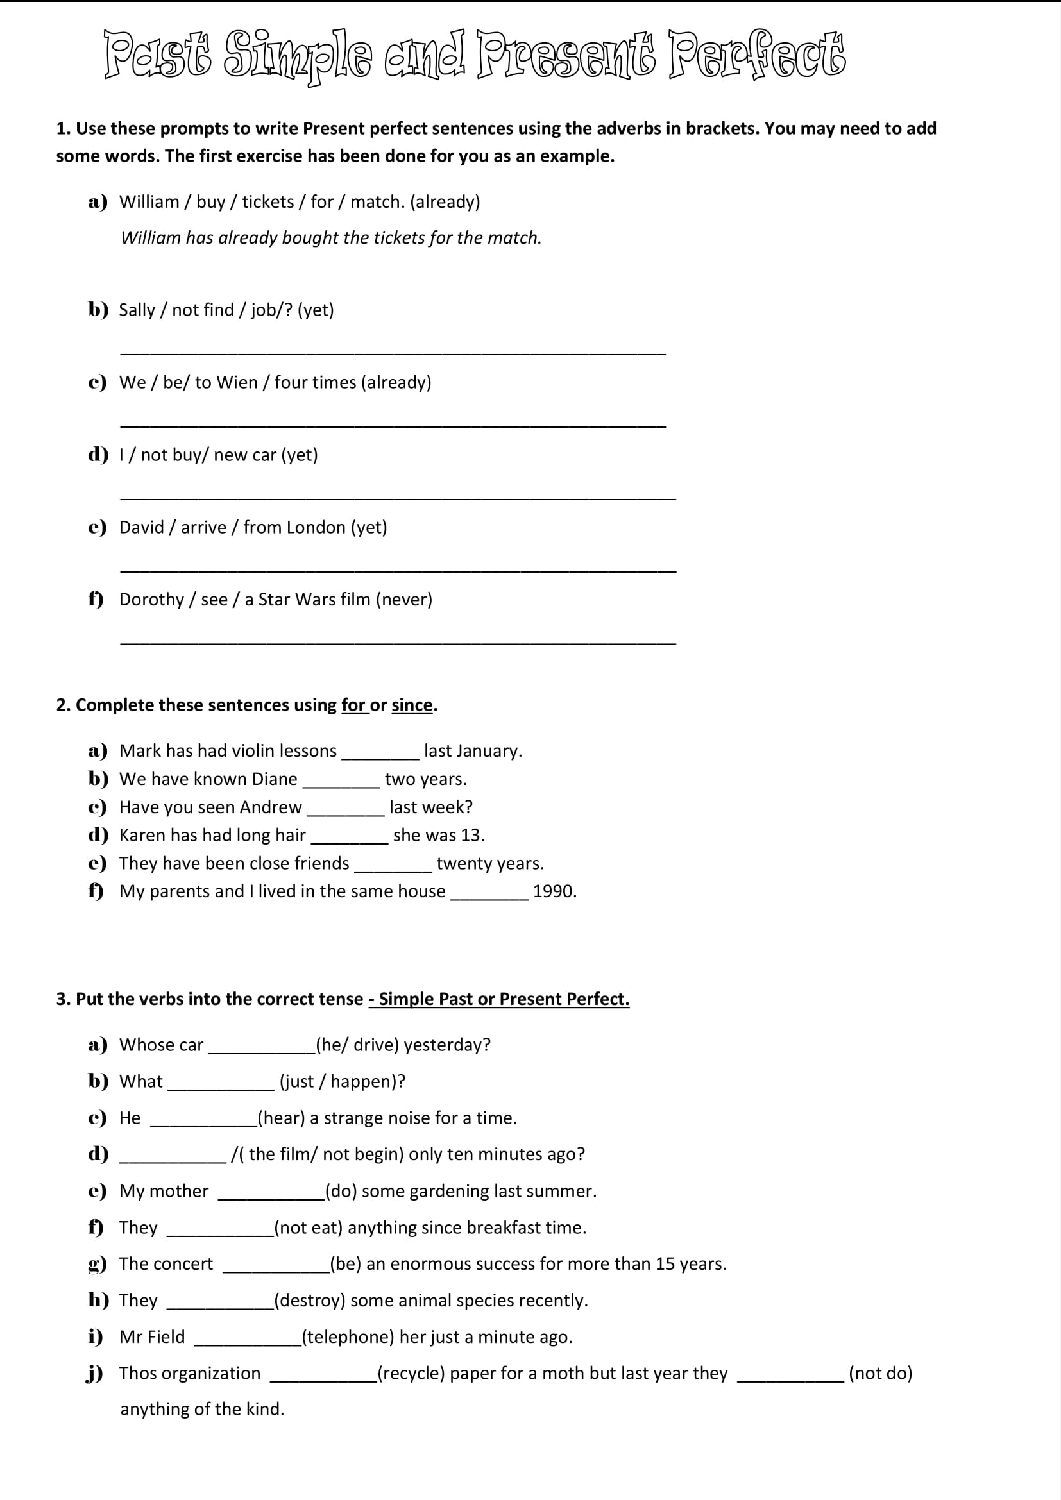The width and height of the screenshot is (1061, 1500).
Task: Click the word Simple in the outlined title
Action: (298, 55)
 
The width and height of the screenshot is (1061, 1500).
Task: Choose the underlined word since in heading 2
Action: (412, 705)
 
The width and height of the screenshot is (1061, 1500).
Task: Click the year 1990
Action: (554, 892)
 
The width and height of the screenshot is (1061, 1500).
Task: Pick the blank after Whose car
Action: (261, 1048)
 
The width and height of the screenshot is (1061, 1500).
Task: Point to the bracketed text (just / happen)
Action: (343, 1082)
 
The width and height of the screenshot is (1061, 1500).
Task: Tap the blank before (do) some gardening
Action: (271, 1194)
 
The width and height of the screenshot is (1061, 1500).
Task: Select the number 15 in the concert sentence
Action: (665, 1264)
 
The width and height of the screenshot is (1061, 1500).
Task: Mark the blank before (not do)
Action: (790, 1376)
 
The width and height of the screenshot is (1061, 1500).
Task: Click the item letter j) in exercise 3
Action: (96, 1374)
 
